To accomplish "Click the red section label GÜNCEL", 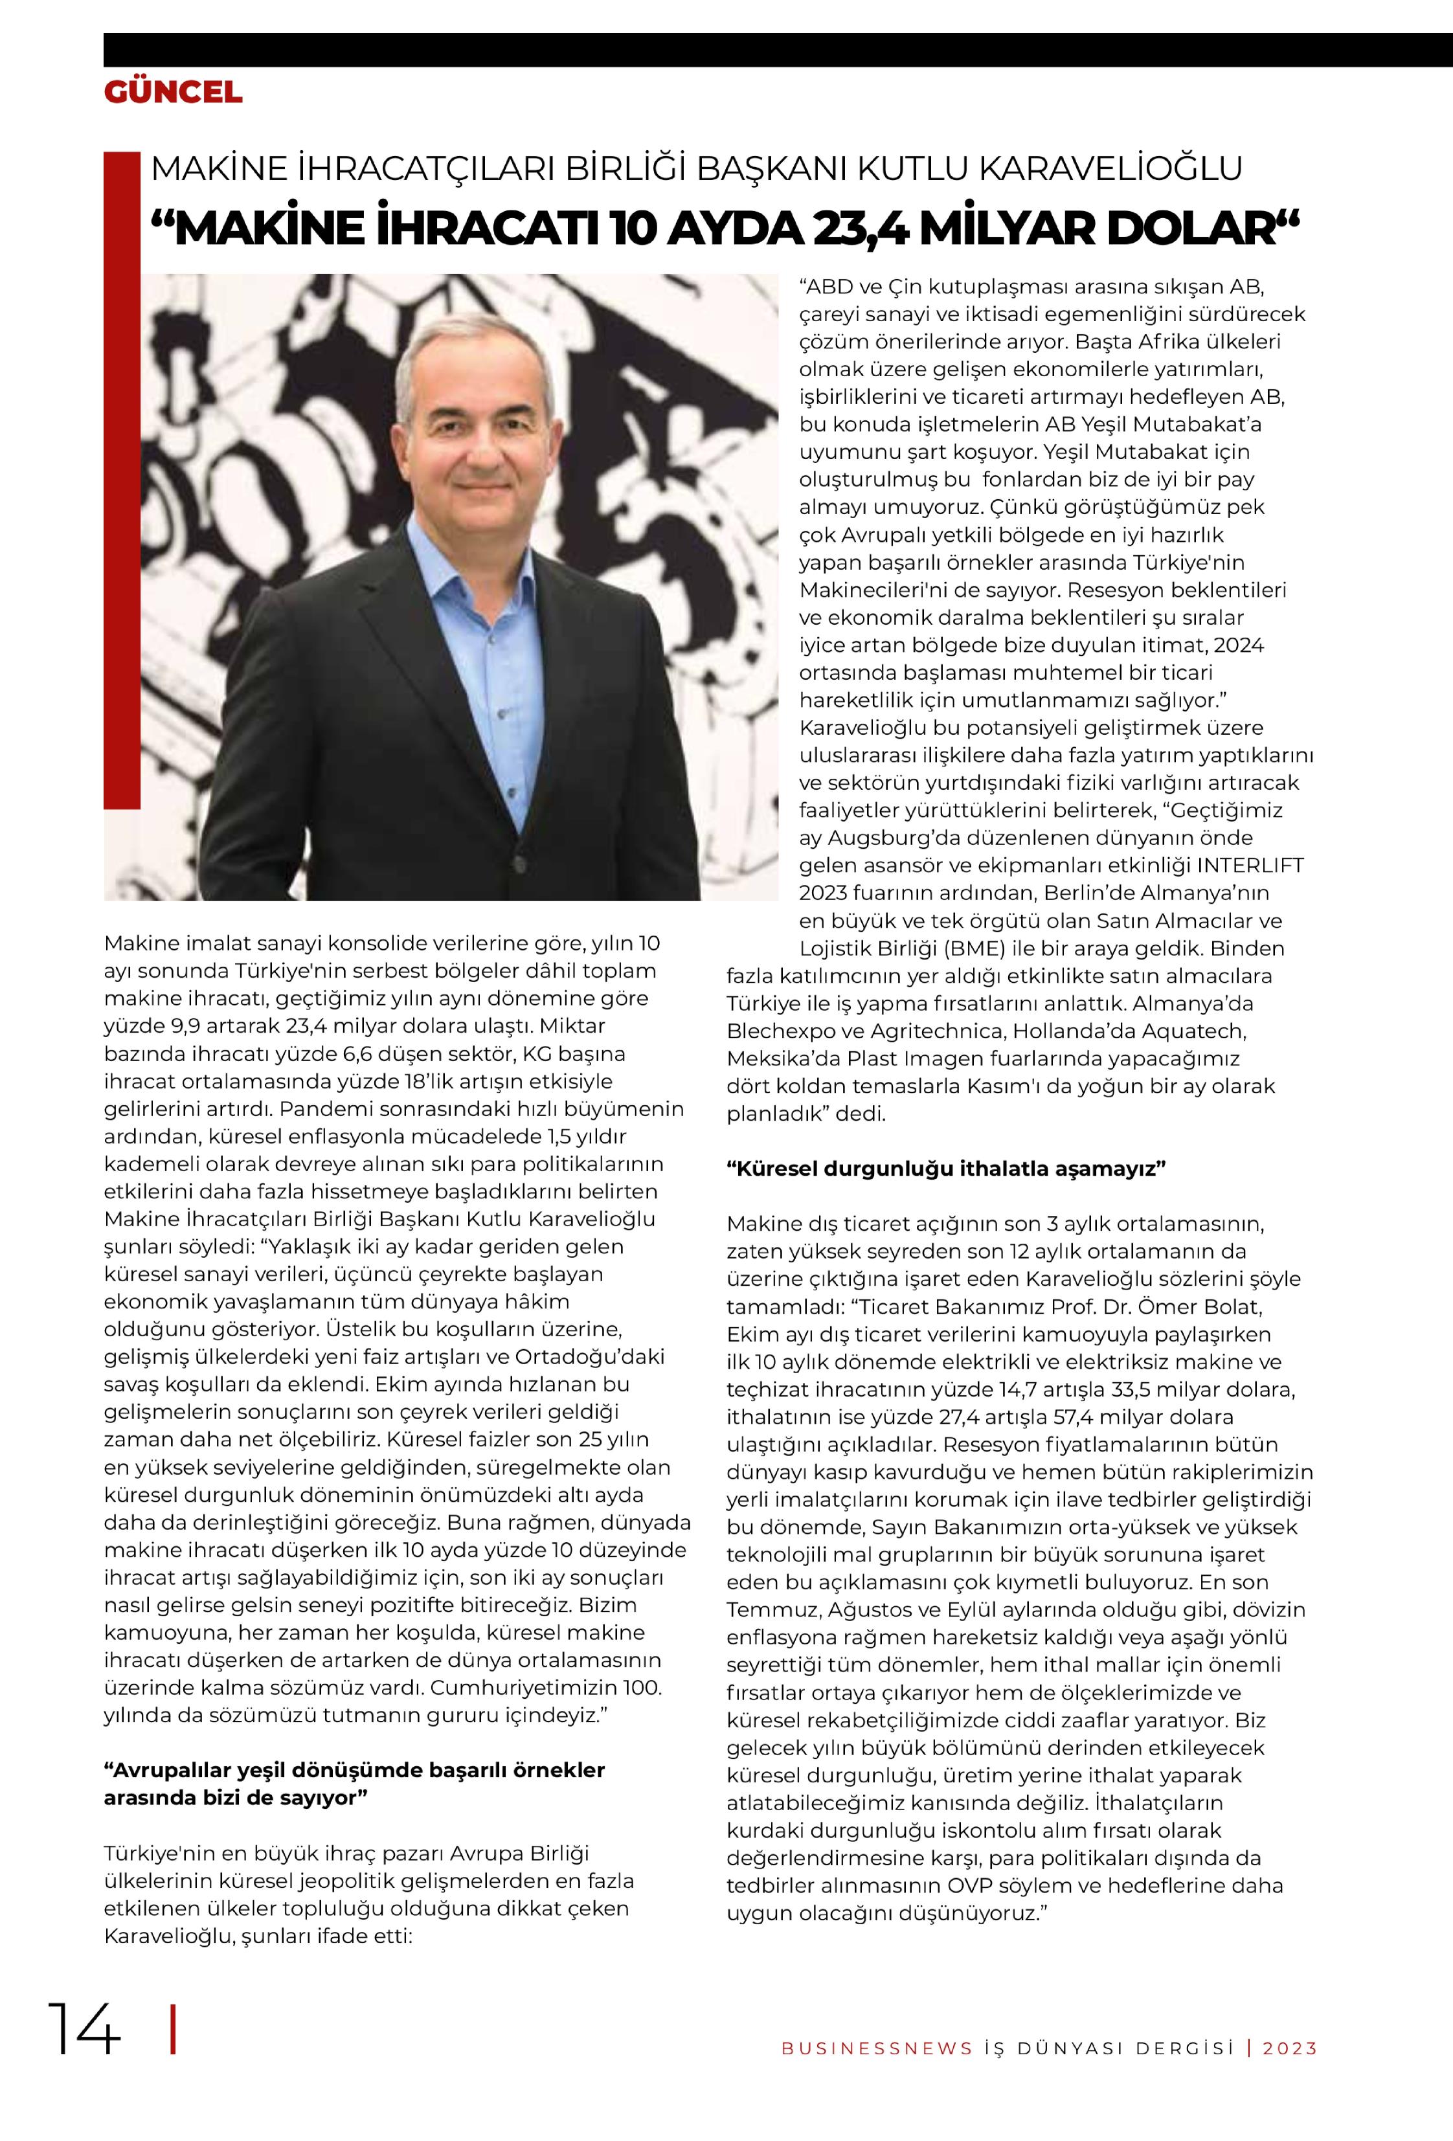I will coord(174,92).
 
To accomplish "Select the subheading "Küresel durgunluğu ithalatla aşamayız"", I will coord(946,1169).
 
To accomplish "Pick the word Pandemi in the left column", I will coord(319,1108).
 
